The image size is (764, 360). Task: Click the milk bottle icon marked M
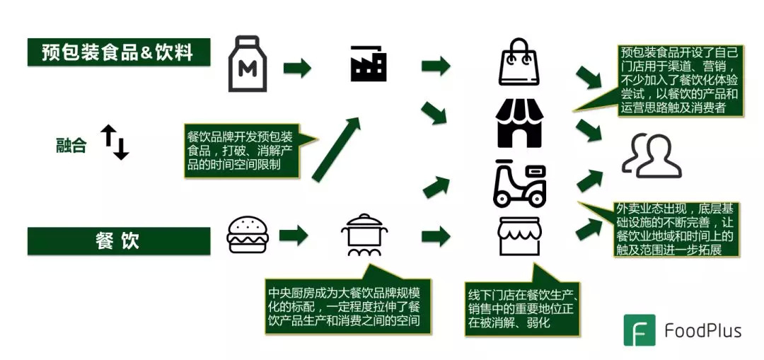[x=248, y=65]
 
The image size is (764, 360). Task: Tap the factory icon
[x=368, y=65]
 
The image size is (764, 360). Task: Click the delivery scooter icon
[x=520, y=183]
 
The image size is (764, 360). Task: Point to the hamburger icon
[x=248, y=236]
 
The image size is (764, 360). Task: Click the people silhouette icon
[x=651, y=156]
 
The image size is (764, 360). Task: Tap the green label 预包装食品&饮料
[x=118, y=52]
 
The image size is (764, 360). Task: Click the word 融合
[x=71, y=145]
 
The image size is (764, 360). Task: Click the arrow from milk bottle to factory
[x=297, y=68]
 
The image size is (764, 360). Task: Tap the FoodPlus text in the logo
[x=702, y=330]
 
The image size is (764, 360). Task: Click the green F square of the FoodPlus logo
[x=639, y=330]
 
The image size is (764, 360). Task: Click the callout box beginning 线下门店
[x=523, y=308]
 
